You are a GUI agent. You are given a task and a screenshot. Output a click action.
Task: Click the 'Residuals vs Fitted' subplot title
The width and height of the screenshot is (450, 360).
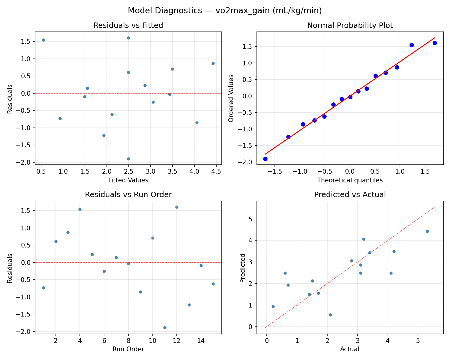(128, 25)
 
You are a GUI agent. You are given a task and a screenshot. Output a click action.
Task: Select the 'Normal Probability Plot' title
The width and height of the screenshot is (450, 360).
(350, 25)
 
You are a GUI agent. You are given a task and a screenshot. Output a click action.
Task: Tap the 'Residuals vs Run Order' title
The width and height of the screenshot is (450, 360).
(128, 195)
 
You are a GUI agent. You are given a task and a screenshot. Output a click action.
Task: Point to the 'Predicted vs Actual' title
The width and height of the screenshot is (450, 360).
(350, 195)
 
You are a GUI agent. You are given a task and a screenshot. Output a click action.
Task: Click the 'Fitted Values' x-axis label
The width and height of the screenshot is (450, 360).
(128, 180)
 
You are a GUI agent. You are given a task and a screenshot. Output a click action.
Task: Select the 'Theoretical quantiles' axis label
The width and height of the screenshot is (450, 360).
(350, 180)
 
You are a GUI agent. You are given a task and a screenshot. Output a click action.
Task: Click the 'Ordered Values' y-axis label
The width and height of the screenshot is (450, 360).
(231, 98)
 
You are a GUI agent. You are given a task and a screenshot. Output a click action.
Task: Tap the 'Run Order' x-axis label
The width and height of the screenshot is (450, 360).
(128, 349)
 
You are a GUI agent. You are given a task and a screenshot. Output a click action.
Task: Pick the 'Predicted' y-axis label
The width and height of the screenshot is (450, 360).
(243, 268)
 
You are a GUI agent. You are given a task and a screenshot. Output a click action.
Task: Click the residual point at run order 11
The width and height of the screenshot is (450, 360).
(165, 328)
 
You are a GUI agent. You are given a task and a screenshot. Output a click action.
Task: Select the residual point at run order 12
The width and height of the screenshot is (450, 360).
(177, 207)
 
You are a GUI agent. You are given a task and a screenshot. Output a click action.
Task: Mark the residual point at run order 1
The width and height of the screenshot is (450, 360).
(43, 288)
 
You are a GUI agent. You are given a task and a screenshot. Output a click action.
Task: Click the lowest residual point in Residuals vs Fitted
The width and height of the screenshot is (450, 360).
(128, 159)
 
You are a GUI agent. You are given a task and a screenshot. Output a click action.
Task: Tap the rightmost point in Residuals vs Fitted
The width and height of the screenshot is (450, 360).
(213, 63)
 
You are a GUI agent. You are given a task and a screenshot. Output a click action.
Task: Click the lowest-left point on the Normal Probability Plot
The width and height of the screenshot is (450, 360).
(265, 159)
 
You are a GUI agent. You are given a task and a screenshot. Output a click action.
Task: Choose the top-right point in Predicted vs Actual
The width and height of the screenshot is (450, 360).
(427, 231)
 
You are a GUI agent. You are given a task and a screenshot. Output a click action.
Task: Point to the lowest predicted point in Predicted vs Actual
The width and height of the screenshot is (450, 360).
(330, 315)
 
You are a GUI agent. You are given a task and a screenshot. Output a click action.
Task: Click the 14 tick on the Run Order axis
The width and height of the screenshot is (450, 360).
(201, 340)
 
